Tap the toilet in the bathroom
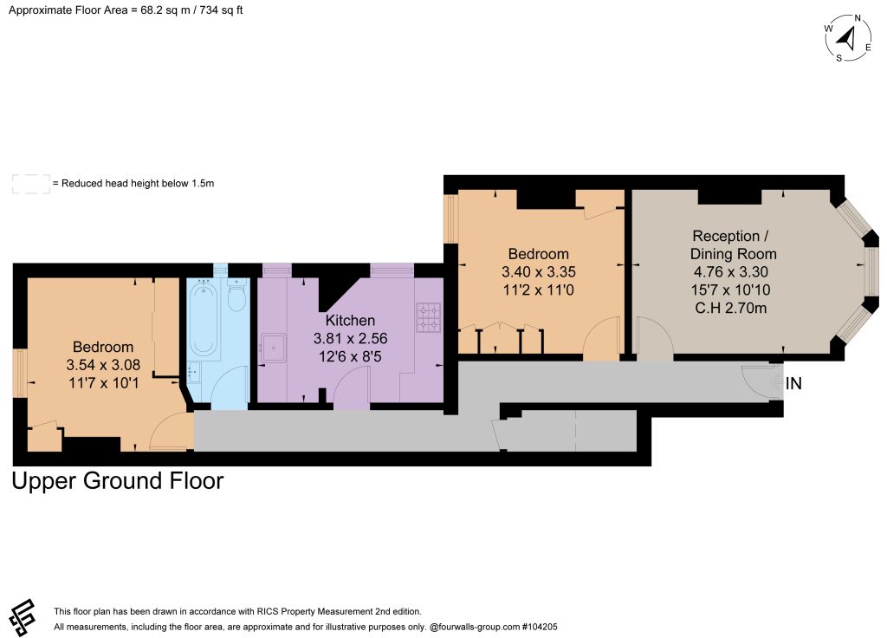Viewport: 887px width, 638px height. (x=236, y=296)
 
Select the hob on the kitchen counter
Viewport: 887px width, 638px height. (x=429, y=317)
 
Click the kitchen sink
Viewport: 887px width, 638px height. (x=273, y=348)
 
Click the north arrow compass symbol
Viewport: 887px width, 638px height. (x=847, y=38)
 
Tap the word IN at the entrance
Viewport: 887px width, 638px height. (x=793, y=384)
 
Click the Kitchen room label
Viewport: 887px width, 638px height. (x=350, y=321)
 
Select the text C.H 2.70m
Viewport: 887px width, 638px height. (x=731, y=308)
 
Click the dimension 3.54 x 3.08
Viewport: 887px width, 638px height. (x=103, y=365)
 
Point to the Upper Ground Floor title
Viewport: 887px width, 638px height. (x=118, y=480)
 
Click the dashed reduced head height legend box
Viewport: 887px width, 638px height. (x=31, y=184)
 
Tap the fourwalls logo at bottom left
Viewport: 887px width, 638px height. (x=23, y=616)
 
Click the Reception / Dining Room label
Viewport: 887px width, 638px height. (x=733, y=244)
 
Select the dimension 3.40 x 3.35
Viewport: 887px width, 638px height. (x=539, y=271)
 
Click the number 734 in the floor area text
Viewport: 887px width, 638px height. (x=209, y=10)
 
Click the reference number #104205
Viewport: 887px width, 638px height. (x=540, y=627)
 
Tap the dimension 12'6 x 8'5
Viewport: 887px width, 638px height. (x=350, y=356)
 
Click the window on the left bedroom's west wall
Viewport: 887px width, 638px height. (x=20, y=373)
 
